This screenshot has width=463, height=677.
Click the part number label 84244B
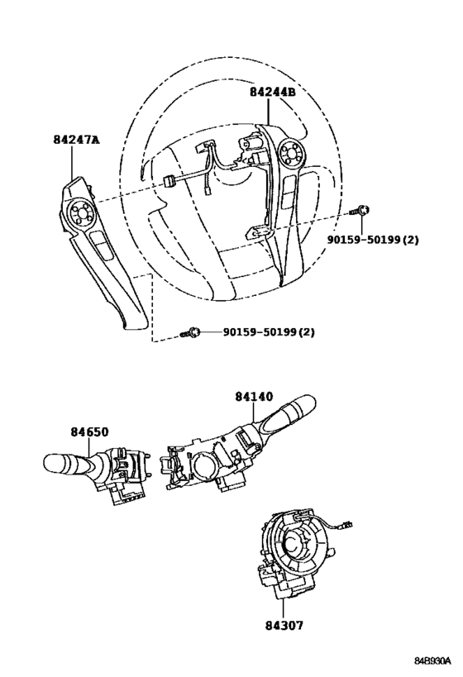point(273,92)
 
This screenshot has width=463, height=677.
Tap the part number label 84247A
point(76,140)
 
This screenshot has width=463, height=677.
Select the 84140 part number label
point(254,396)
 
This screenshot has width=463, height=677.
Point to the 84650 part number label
point(89,431)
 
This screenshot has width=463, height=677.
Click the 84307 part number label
point(284,625)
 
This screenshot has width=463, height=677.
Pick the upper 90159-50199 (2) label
point(372,240)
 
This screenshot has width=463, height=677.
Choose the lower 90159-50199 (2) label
point(269,332)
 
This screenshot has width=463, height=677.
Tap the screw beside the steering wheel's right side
point(360,211)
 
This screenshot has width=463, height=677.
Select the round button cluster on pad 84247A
point(81,213)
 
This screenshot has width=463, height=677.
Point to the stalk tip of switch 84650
point(55,462)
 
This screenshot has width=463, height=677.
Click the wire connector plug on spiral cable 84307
point(347,525)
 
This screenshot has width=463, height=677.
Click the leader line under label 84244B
point(269,112)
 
